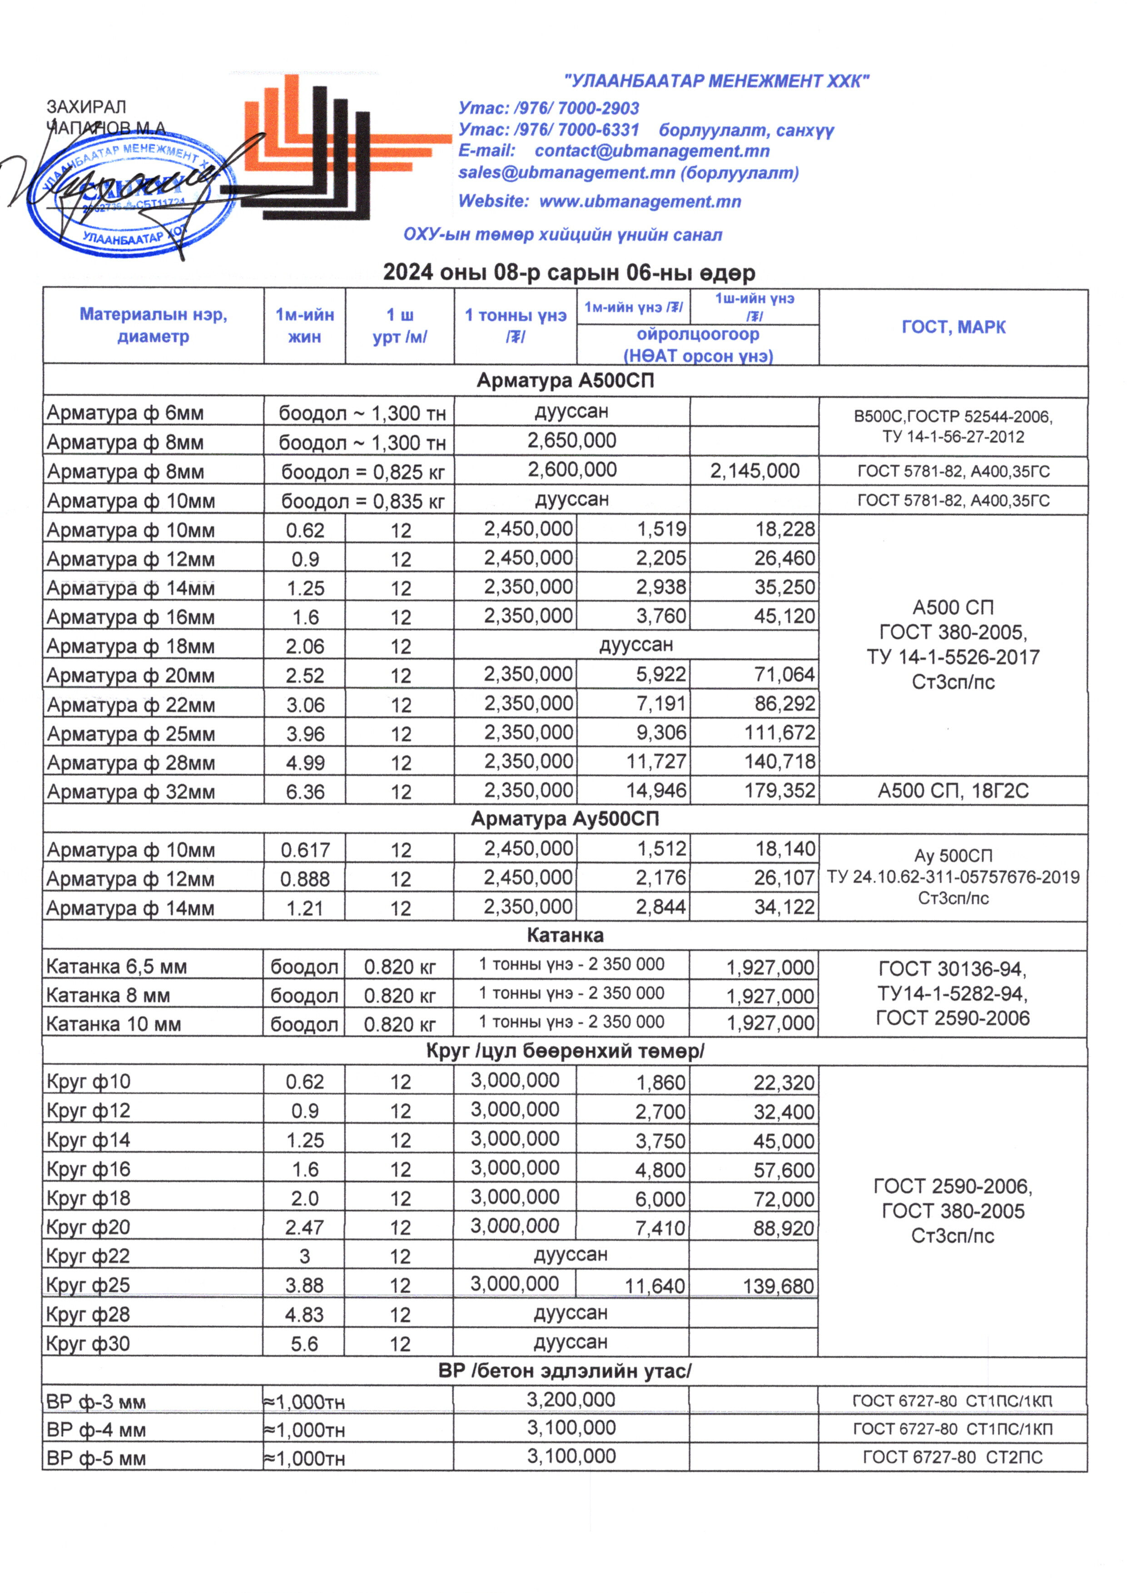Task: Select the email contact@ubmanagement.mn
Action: pyautogui.click(x=652, y=151)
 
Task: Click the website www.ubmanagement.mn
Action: pyautogui.click(x=640, y=202)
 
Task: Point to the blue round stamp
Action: pyautogui.click(x=125, y=198)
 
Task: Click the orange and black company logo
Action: pyautogui.click(x=333, y=149)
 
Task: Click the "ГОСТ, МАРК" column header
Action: pyautogui.click(x=953, y=327)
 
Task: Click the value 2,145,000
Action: pyautogui.click(x=755, y=471)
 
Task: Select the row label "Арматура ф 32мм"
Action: pyautogui.click(x=130, y=792)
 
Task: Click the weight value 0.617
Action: pyautogui.click(x=305, y=850)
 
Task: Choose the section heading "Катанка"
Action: pyautogui.click(x=565, y=936)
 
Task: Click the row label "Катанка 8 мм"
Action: pyautogui.click(x=108, y=996)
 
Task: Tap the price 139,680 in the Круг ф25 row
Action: pyautogui.click(x=778, y=1286)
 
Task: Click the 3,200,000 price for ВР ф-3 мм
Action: pyautogui.click(x=571, y=1400)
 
